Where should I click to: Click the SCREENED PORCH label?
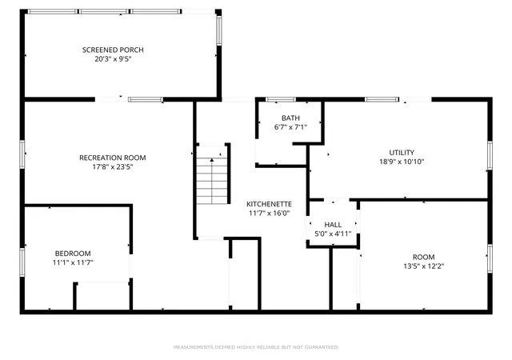pyautogui.click(x=113, y=50)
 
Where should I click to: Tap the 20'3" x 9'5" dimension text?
pyautogui.click(x=113, y=59)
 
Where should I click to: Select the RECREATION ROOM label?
pyautogui.click(x=113, y=158)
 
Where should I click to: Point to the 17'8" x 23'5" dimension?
pyautogui.click(x=113, y=167)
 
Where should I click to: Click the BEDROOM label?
pyautogui.click(x=73, y=254)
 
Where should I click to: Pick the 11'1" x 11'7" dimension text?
pyautogui.click(x=73, y=262)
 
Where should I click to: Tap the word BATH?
pyautogui.click(x=290, y=118)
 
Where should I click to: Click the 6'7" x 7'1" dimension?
pyautogui.click(x=290, y=127)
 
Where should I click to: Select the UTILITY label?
pyautogui.click(x=402, y=153)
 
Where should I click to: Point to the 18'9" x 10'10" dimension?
pyautogui.click(x=402, y=162)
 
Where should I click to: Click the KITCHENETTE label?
pyautogui.click(x=269, y=204)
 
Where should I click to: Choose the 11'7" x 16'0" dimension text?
pyautogui.click(x=269, y=214)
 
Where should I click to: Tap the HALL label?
pyautogui.click(x=333, y=225)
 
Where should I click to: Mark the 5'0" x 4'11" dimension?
pyautogui.click(x=333, y=234)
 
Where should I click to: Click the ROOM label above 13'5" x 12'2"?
pyautogui.click(x=423, y=257)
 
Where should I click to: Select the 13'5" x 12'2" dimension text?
pyautogui.click(x=423, y=266)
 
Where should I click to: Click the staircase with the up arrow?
pyautogui.click(x=212, y=175)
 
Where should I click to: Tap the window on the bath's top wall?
pyautogui.click(x=281, y=100)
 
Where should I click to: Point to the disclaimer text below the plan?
pyautogui.click(x=256, y=347)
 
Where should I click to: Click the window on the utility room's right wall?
pyautogui.click(x=490, y=155)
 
